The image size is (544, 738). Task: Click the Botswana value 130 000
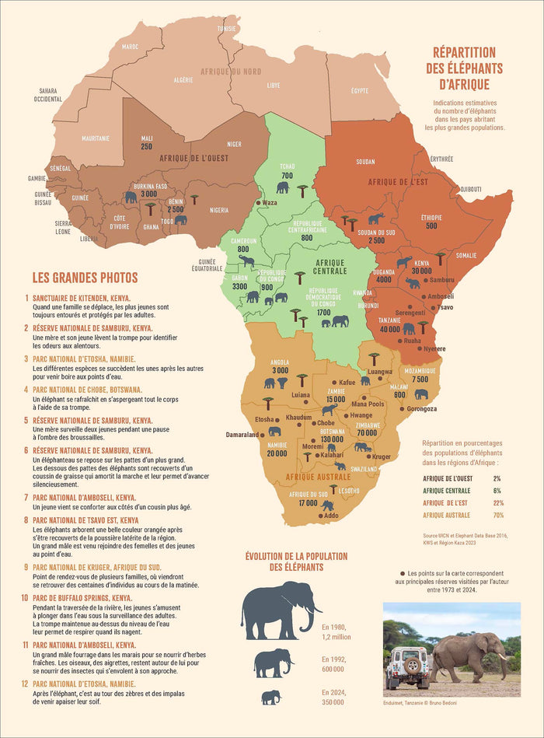pyautogui.click(x=333, y=439)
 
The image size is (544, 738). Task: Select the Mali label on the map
pyautogui.click(x=147, y=138)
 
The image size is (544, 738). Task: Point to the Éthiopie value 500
pyautogui.click(x=431, y=226)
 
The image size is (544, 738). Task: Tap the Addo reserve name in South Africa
pyautogui.click(x=331, y=516)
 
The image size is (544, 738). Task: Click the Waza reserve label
pyautogui.click(x=269, y=202)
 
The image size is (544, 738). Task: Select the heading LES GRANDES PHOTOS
pyautogui.click(x=85, y=277)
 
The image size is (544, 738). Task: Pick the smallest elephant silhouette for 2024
pyautogui.click(x=270, y=698)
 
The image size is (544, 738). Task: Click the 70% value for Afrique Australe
pyautogui.click(x=497, y=515)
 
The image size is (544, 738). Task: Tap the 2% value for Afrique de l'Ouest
pyautogui.click(x=497, y=478)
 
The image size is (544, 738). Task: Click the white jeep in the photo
pyautogui.click(x=406, y=667)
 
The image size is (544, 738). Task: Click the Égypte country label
pyautogui.click(x=360, y=90)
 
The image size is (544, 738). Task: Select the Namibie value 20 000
pyautogui.click(x=277, y=453)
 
